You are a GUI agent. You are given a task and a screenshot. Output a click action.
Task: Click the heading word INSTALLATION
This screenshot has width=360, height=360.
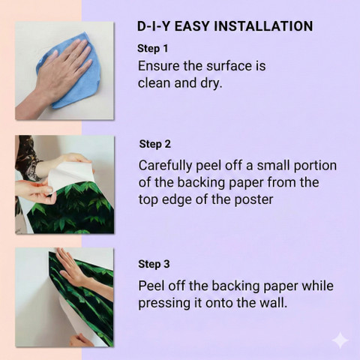(263, 26)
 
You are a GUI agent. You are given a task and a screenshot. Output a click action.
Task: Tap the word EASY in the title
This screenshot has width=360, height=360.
(192, 26)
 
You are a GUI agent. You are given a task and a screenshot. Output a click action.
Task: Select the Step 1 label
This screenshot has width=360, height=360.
(152, 49)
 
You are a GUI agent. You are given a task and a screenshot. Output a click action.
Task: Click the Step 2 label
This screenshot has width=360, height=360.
(155, 144)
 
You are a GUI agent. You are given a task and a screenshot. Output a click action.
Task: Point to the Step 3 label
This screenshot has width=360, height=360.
(154, 264)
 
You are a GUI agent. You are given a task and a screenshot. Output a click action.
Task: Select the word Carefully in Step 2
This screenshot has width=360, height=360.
(166, 166)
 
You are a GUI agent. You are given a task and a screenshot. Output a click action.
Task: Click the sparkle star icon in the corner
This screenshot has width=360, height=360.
(340, 340)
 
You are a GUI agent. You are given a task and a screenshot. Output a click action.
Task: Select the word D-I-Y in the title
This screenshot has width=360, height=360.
(154, 26)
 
